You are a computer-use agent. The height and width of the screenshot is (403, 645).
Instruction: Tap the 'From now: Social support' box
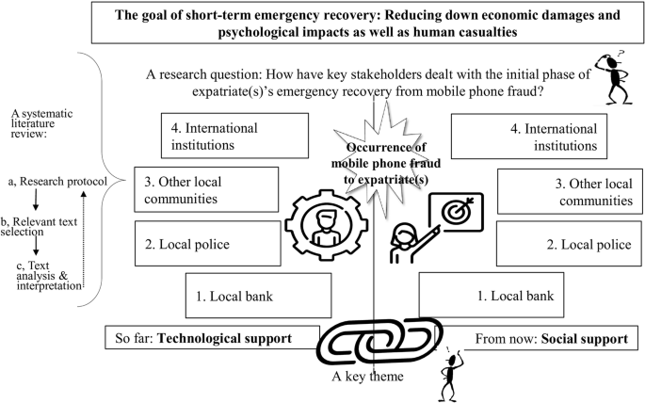[x=539, y=335]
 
